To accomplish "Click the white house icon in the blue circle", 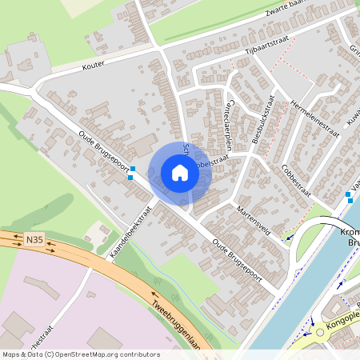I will (x=180, y=173).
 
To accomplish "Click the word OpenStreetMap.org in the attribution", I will (x=86, y=354).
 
